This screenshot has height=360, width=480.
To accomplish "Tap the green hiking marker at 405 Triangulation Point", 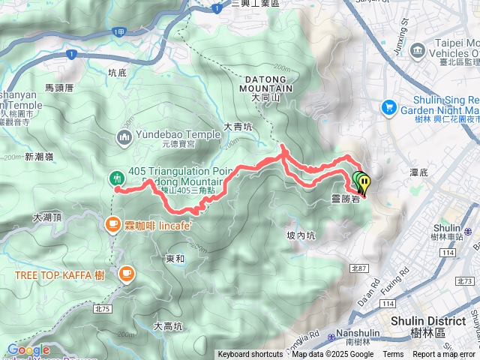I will click(x=117, y=178).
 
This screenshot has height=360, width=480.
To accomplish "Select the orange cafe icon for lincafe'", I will click(x=112, y=223).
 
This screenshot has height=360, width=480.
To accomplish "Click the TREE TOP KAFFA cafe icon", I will click(x=124, y=274).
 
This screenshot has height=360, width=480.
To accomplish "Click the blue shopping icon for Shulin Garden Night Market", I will click(x=388, y=108).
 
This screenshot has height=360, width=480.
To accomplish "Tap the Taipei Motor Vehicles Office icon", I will click(x=418, y=52).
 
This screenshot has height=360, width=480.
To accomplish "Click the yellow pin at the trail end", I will click(x=364, y=183).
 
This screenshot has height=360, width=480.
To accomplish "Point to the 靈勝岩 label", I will click(x=345, y=199).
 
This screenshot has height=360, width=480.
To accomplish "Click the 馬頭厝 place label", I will click(x=59, y=88).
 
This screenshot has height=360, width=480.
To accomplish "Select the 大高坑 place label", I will click(x=167, y=325).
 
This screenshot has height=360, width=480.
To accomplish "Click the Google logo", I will click(x=28, y=349).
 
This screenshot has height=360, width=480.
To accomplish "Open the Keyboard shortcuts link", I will click(x=250, y=355).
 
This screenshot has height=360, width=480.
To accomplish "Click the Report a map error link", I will click(x=443, y=355).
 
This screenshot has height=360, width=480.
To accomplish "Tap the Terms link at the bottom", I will click(x=393, y=355).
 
